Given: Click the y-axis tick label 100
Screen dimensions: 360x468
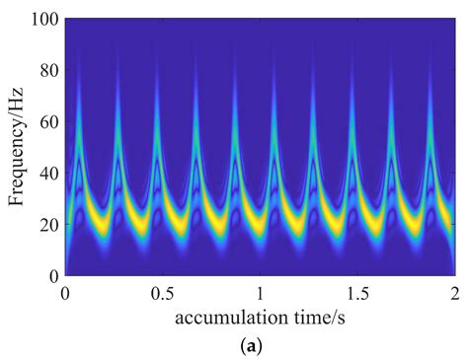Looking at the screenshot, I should click(43, 20).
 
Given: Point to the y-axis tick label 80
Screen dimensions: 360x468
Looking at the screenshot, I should click(47, 71).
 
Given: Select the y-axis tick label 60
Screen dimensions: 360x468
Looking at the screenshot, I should click(47, 122).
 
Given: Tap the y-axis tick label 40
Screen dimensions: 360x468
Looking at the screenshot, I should click(47, 174).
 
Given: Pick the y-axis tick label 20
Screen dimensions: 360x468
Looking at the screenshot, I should click(47, 225).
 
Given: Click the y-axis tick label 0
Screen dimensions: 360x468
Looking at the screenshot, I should click(51, 276).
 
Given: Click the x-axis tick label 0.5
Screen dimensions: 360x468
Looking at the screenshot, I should click(162, 293).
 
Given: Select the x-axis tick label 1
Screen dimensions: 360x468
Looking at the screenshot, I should click(259, 293).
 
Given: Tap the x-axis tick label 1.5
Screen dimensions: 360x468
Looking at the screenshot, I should click(356, 293).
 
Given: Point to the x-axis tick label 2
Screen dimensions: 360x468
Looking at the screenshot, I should click(453, 293).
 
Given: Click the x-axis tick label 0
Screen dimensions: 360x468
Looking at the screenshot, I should click(65, 293).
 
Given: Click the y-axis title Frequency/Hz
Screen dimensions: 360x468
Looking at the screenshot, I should click(18, 148).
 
